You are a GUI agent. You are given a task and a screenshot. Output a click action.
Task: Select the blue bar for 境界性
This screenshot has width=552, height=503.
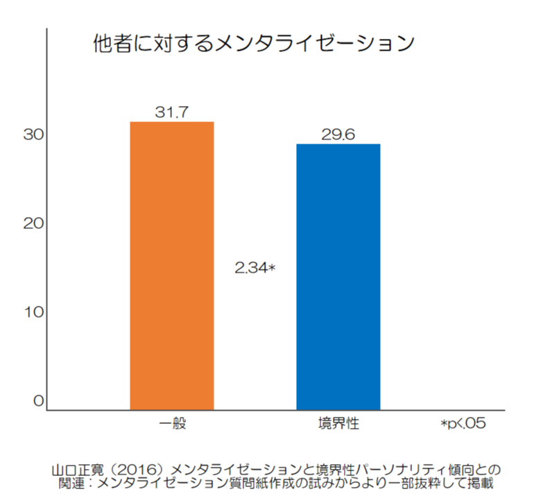338,277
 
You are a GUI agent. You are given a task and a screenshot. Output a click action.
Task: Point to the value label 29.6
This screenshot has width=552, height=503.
338,135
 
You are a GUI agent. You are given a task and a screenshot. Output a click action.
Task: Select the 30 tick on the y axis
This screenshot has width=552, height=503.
33,135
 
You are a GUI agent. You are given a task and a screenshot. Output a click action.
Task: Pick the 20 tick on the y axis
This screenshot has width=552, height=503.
33,223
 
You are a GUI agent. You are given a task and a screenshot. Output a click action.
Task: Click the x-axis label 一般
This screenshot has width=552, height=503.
172,423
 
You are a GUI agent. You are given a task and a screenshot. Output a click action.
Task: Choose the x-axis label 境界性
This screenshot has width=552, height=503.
338,423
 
